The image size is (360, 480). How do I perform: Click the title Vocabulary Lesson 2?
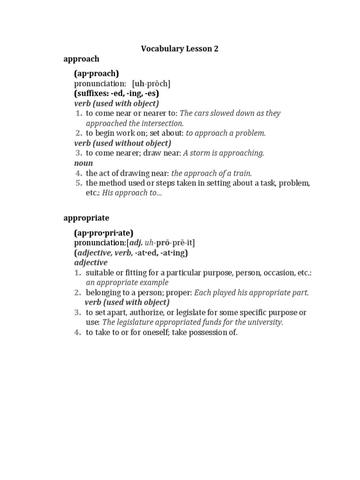click(180, 49)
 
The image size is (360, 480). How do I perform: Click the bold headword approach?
click(82, 59)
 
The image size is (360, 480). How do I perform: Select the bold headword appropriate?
click(86, 218)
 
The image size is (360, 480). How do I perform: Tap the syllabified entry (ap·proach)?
click(97, 74)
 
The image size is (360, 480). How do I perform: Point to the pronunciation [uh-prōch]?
click(151, 83)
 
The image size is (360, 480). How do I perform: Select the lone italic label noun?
click(83, 163)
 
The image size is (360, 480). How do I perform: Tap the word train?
click(242, 173)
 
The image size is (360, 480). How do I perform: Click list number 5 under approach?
click(79, 183)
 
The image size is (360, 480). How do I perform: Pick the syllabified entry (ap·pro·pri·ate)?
click(104, 232)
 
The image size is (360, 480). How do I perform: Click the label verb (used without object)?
click(123, 143)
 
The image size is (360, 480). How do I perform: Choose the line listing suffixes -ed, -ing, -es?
click(117, 93)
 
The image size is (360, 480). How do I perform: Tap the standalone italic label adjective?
click(91, 262)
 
